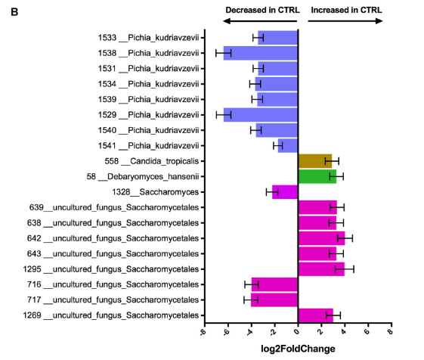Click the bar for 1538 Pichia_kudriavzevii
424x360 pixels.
(x=261, y=53)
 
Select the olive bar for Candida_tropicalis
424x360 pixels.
(x=314, y=160)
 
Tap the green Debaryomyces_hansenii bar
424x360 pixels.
(x=317, y=176)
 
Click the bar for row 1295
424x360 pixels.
(x=321, y=268)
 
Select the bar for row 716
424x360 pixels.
(x=274, y=284)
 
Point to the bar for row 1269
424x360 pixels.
(x=315, y=315)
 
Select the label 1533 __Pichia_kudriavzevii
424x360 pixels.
(x=148, y=37)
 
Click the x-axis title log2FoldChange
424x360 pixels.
(x=296, y=349)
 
